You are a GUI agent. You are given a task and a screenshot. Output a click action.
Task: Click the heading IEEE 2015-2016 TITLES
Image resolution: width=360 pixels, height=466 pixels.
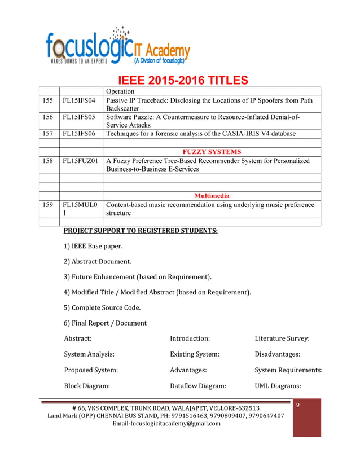click(x=182, y=80)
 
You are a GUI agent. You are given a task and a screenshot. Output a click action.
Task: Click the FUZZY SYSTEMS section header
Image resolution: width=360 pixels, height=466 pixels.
click(x=212, y=152)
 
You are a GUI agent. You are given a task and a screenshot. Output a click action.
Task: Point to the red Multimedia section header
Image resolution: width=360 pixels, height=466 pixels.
click(x=212, y=196)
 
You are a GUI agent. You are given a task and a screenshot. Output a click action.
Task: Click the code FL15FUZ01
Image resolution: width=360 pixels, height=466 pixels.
click(x=81, y=161)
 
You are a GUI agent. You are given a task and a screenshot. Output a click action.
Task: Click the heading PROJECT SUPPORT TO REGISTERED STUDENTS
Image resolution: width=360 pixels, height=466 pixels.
click(x=141, y=231)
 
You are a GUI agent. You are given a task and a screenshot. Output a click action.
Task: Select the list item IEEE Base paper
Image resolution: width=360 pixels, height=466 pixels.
click(x=93, y=246)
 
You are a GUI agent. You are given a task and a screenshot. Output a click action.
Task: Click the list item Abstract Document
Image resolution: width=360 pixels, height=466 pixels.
click(x=98, y=261)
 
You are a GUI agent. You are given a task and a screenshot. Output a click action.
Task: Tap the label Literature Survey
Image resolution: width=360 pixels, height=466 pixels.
click(x=282, y=338)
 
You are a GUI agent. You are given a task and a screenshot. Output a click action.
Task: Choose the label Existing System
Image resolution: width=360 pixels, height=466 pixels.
click(x=195, y=354)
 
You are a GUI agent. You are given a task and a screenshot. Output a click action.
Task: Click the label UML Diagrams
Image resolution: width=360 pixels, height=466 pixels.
click(x=278, y=386)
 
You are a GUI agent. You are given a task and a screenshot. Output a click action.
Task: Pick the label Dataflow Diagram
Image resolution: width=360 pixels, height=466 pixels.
click(x=198, y=386)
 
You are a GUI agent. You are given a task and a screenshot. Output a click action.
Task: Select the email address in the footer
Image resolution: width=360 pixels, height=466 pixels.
click(x=166, y=424)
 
